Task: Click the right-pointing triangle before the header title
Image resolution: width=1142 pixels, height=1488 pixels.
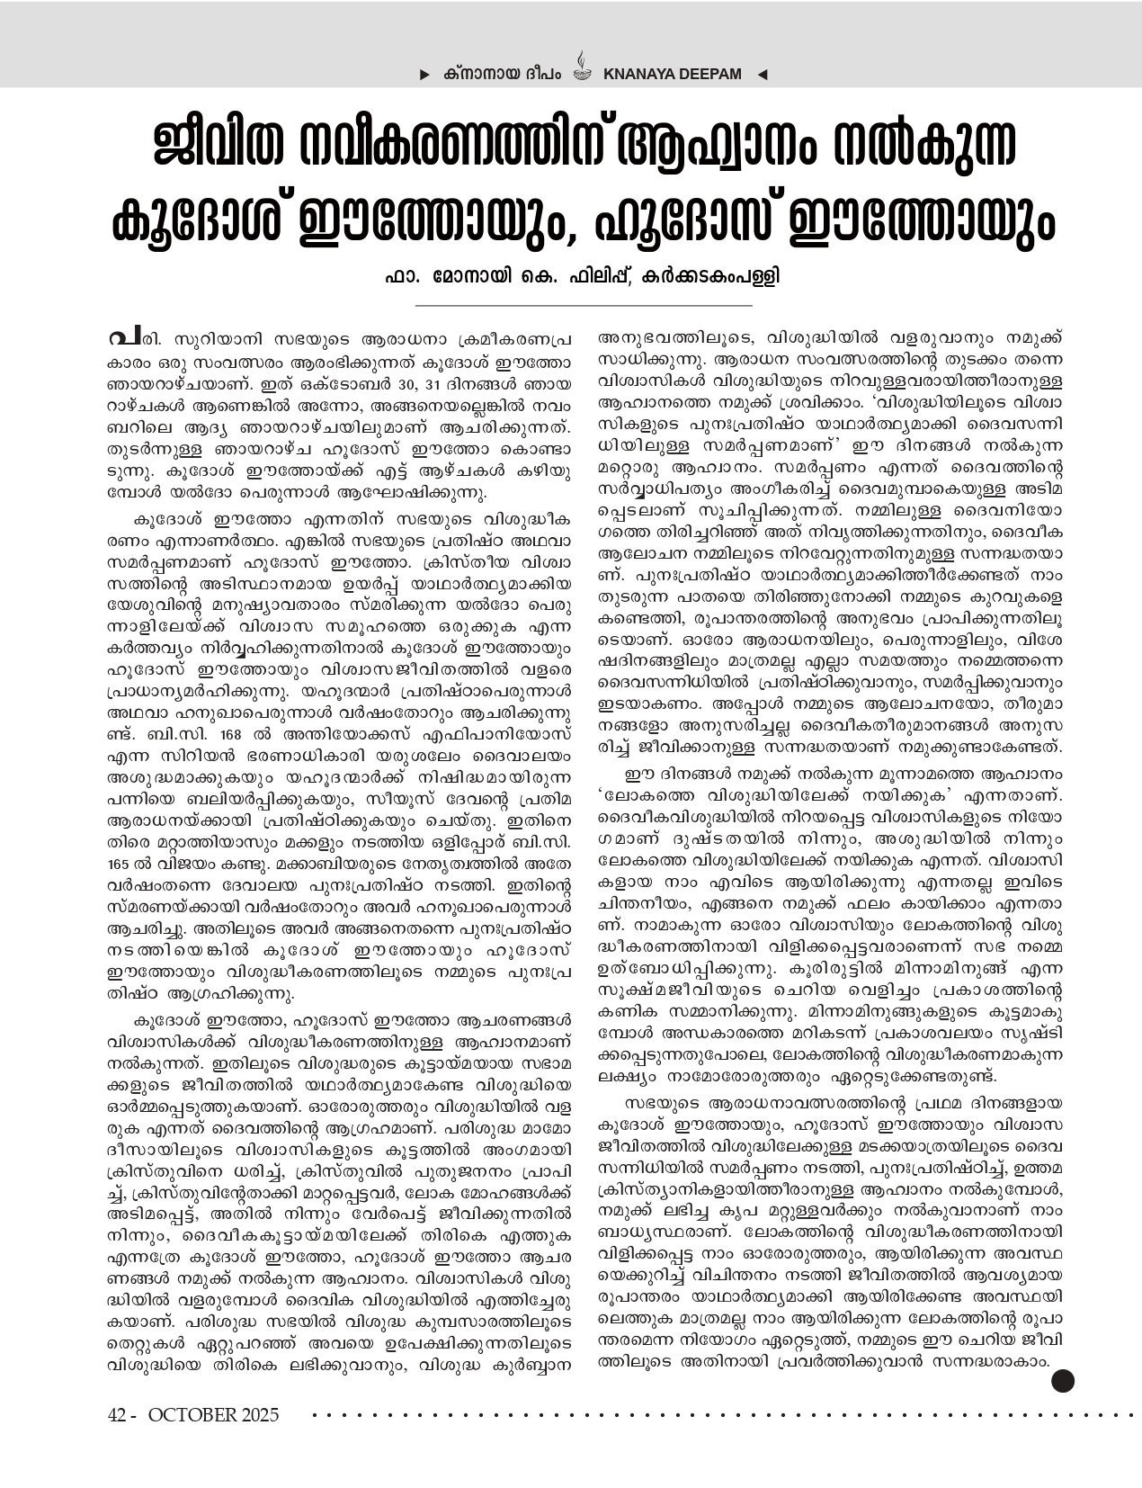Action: [424, 73]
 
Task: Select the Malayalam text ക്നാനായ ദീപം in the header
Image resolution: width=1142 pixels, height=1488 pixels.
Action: [503, 73]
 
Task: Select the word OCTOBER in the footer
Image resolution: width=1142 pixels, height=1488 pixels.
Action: [192, 1415]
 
